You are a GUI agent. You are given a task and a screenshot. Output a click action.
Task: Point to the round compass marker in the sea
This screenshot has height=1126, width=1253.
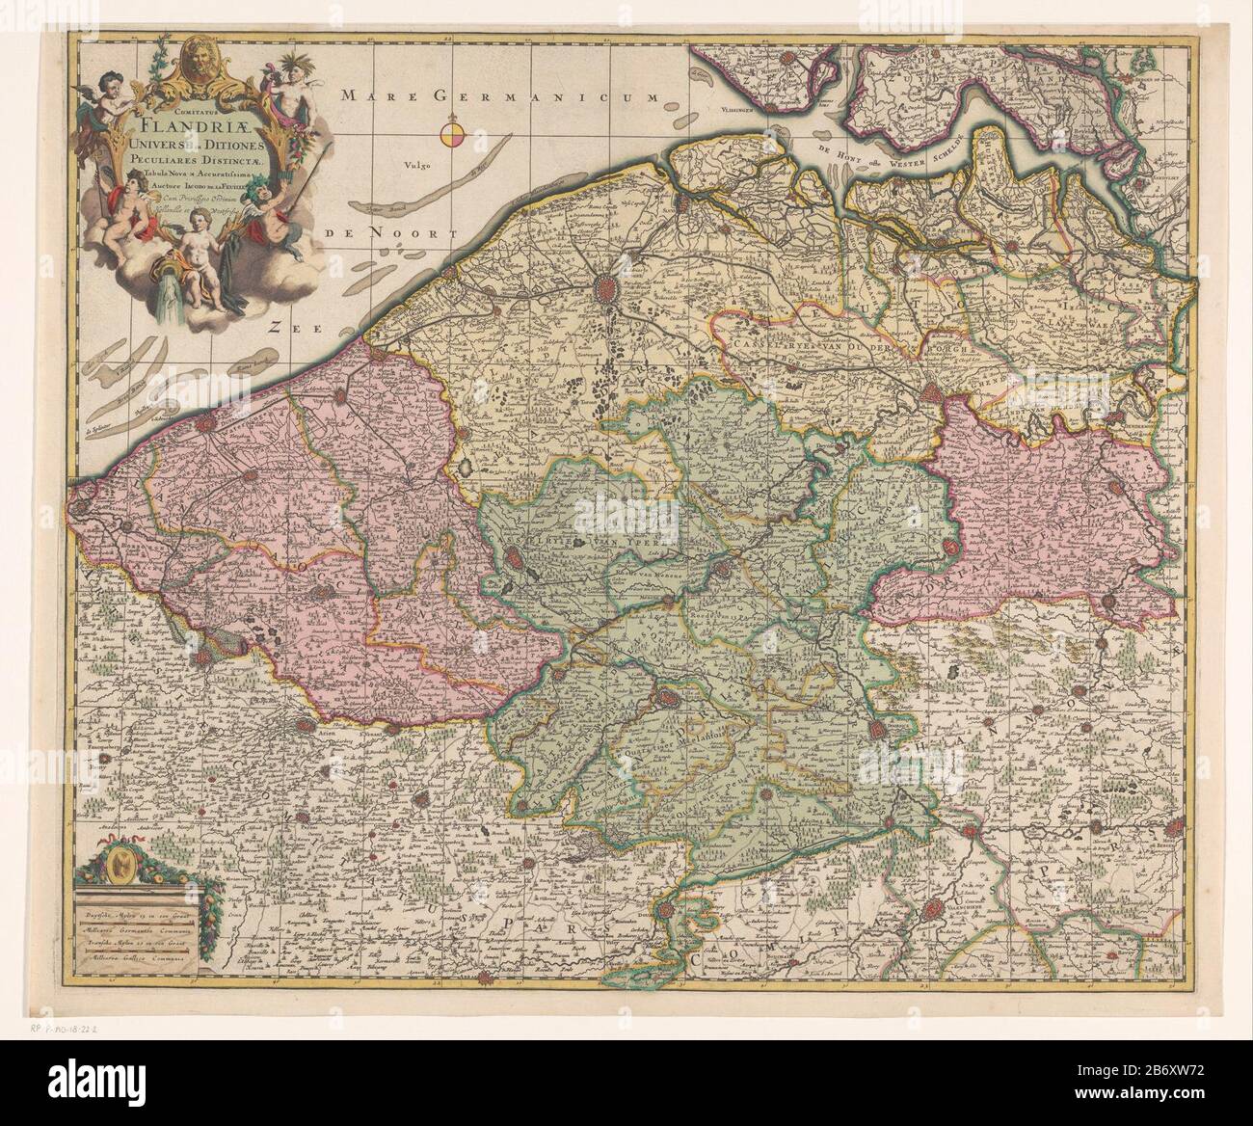point(452,135)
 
